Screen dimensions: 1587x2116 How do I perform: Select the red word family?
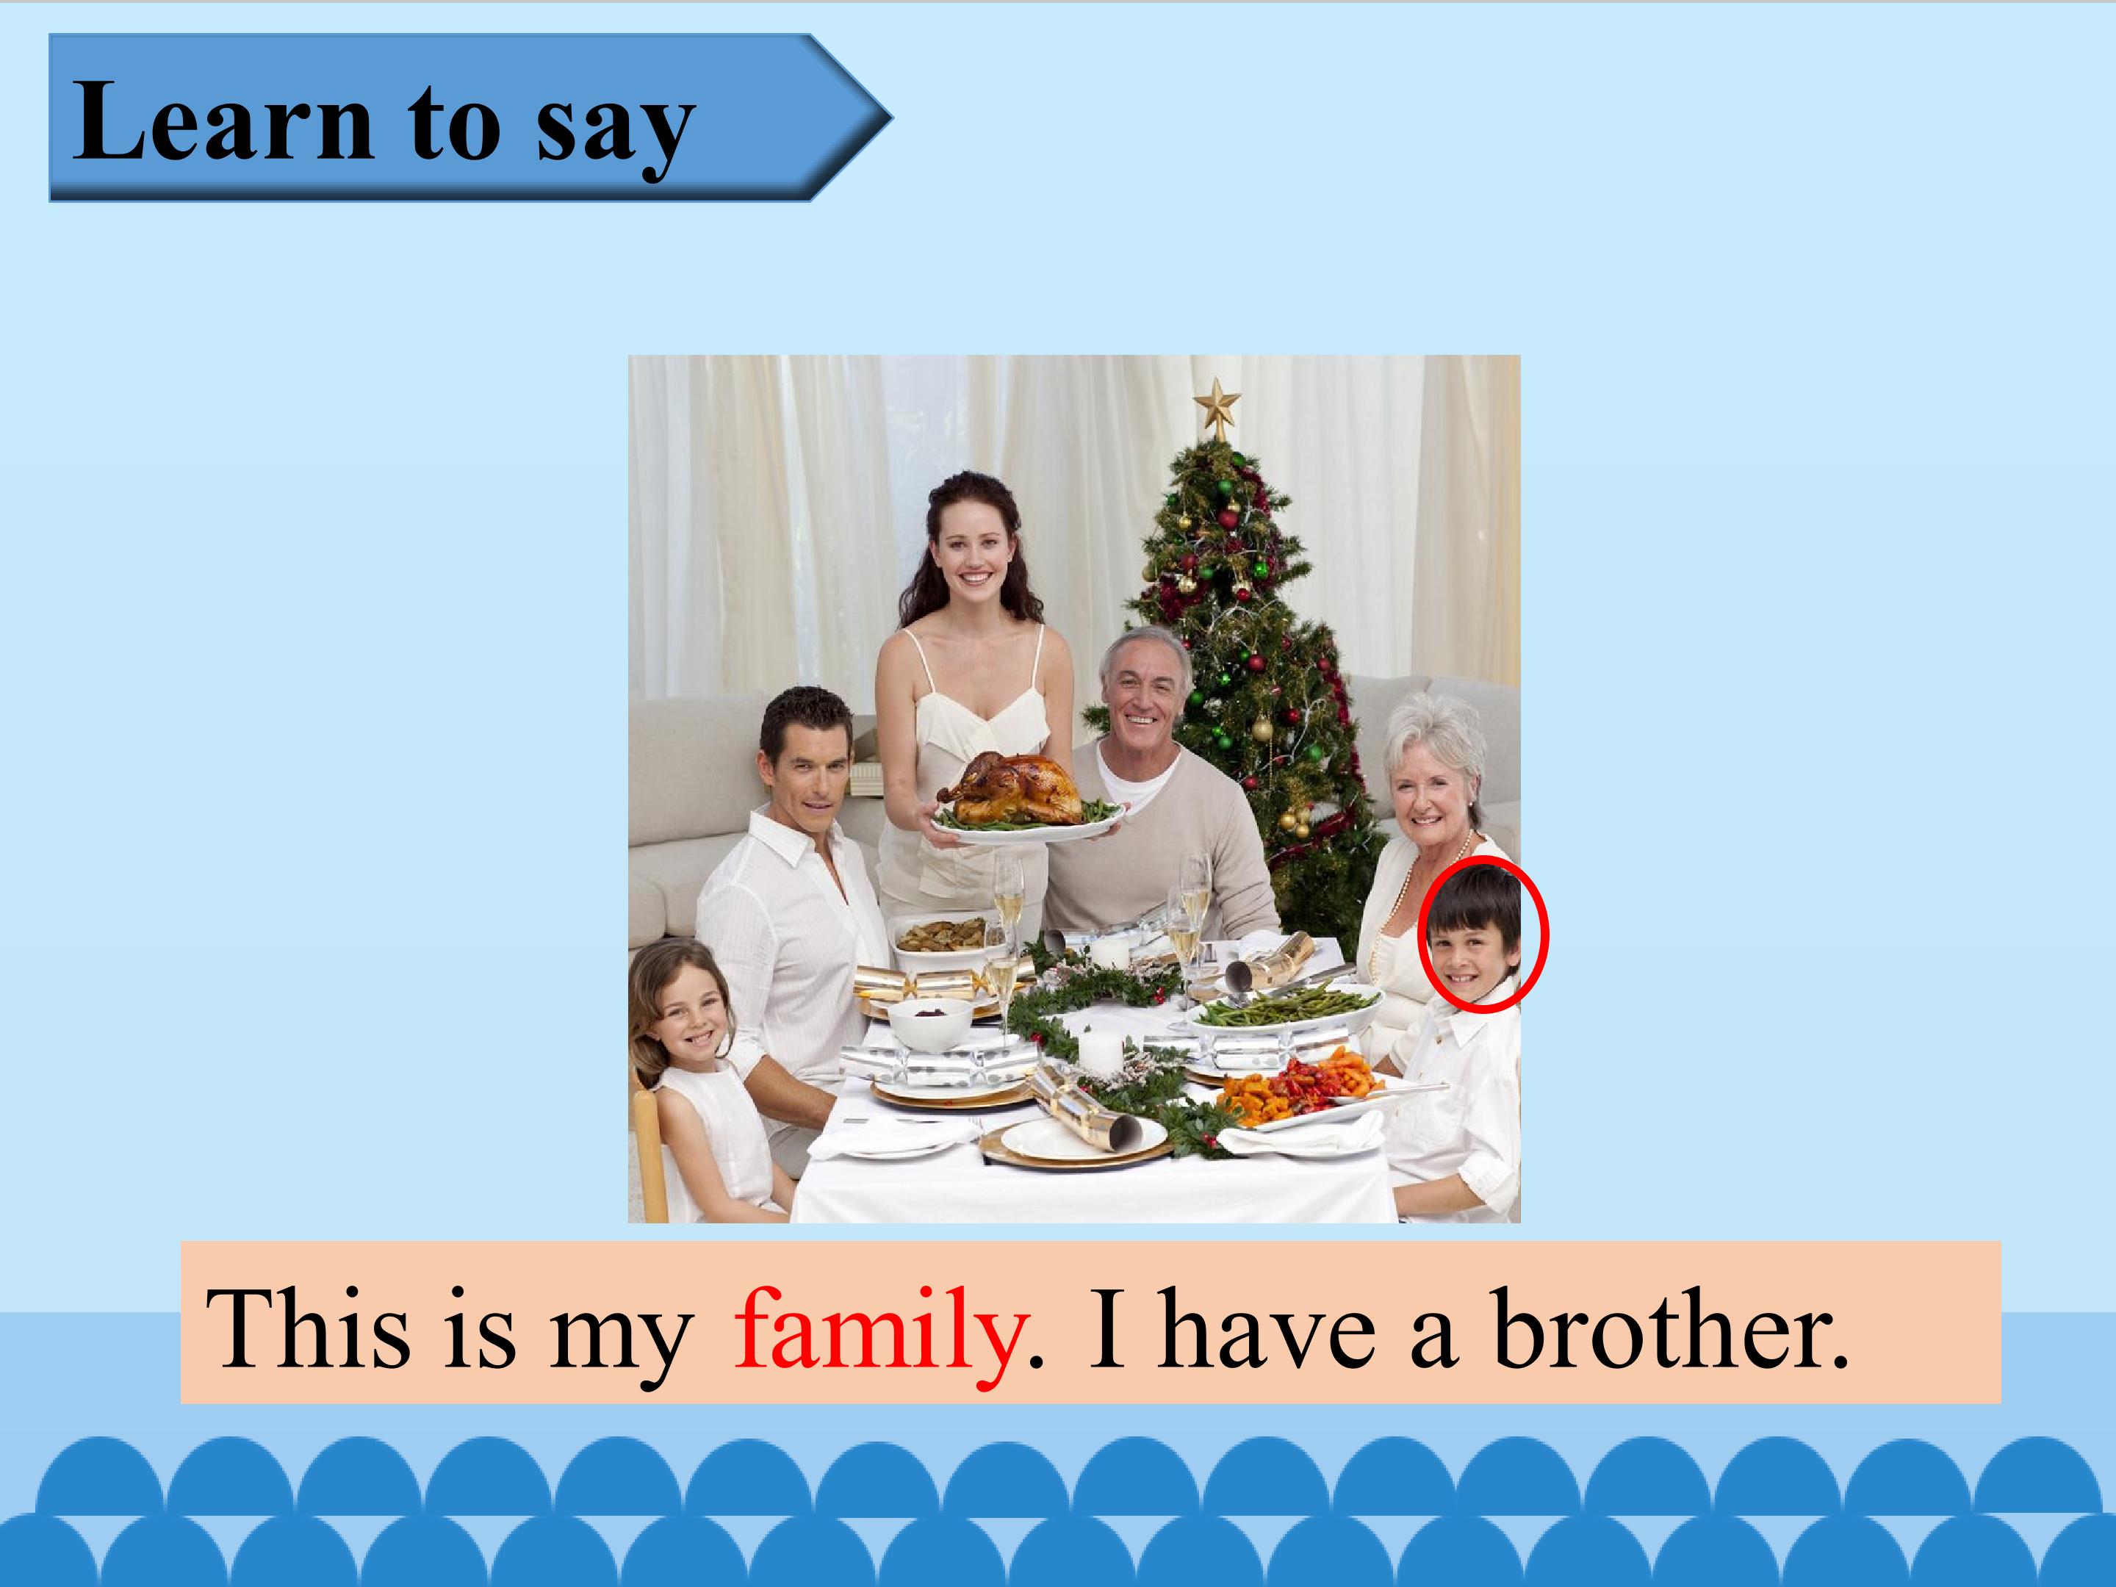tap(878, 1330)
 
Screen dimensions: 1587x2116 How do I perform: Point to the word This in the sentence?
tap(308, 1330)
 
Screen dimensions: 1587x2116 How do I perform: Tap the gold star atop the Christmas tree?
tap(1217, 403)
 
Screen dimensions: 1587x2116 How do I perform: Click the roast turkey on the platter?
tap(1012, 789)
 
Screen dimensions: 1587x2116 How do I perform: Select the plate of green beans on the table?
tap(1286, 1007)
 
